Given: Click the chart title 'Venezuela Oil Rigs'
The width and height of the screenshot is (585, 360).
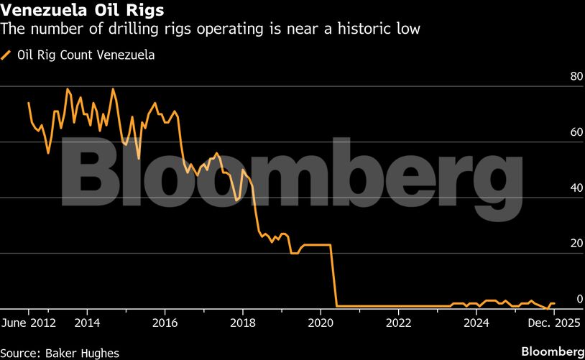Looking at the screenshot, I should (82, 11).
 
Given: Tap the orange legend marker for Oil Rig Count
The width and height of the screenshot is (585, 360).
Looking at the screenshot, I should (7, 55).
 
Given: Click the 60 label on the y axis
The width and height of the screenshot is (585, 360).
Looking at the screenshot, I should (556, 133).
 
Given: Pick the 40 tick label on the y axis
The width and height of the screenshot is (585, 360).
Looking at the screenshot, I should (556, 188).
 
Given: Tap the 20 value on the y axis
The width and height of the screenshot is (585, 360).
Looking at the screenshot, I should (556, 244).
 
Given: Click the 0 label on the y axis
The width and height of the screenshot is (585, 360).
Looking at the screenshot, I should (558, 299).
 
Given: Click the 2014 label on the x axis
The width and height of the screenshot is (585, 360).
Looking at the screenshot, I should (87, 323).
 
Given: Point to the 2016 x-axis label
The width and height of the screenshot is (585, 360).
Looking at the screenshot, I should (165, 323).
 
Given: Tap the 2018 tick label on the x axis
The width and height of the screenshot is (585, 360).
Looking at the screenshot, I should (243, 323).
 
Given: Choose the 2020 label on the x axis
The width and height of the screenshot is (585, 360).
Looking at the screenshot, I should (321, 323).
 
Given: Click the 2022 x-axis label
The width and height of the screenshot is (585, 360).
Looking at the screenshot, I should (398, 323).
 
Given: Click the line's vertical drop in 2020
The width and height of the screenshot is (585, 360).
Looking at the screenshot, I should (334, 277).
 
